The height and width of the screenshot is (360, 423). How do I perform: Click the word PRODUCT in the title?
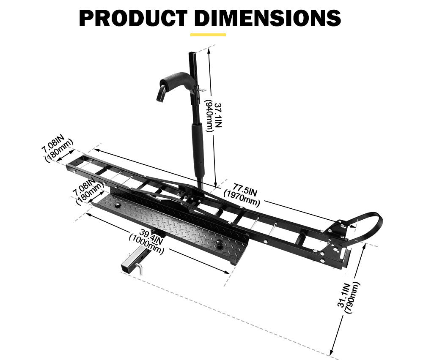coord(133,18)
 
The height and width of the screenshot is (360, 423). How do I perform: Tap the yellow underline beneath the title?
coord(208,35)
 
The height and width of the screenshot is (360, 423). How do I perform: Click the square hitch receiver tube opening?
coord(126,266)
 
